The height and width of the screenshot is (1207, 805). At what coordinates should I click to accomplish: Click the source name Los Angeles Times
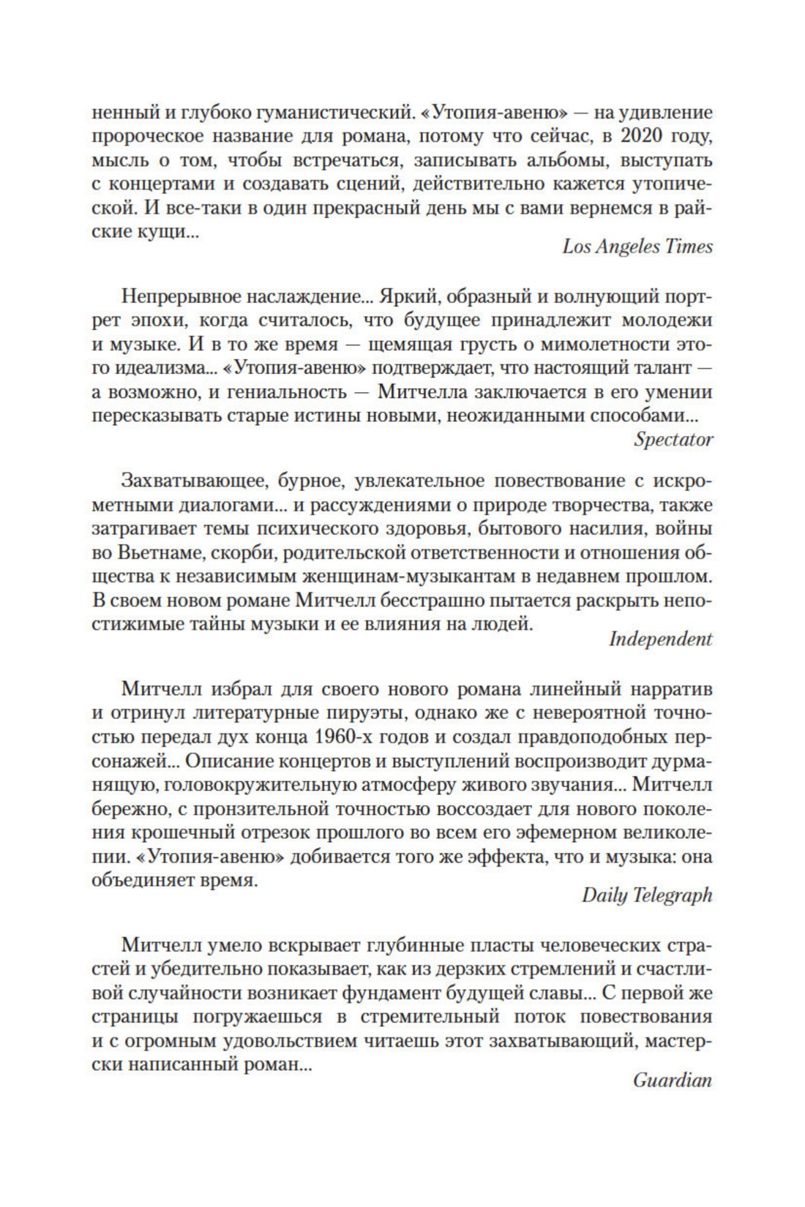coord(637,247)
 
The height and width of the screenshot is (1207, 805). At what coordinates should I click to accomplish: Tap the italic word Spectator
coord(673,440)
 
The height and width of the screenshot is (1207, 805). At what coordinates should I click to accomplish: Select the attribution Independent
coord(660,639)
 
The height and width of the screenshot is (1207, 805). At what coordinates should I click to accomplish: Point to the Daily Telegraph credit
coord(647,895)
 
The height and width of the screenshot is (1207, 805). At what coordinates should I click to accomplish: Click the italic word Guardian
coord(673,1080)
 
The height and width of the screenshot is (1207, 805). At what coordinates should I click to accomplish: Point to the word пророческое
coord(149,137)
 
